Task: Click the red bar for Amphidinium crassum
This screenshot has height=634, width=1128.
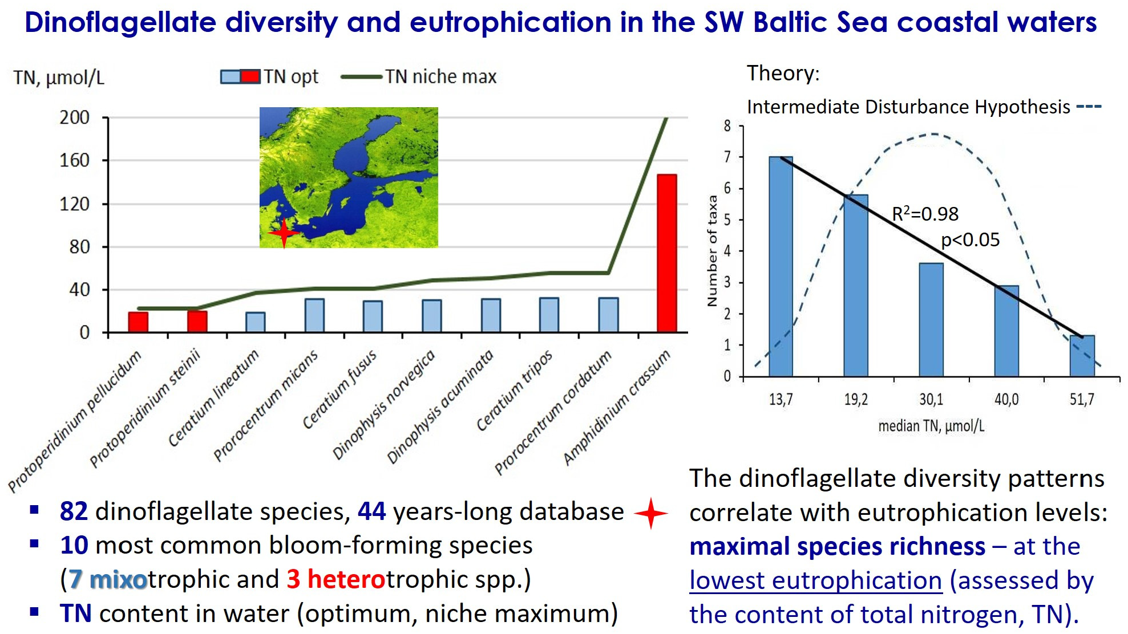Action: click(666, 253)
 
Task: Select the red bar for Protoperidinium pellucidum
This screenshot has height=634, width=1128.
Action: click(138, 322)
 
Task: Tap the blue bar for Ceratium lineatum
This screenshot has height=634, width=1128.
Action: click(256, 322)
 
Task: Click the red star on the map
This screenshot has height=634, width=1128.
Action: click(284, 233)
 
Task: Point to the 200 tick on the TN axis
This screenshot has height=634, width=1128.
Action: click(75, 117)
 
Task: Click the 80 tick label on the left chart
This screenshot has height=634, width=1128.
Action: click(79, 247)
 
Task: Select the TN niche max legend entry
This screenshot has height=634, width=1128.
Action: click(419, 76)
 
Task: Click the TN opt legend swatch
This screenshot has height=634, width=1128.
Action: click(240, 76)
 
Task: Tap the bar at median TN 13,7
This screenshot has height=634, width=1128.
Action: click(781, 266)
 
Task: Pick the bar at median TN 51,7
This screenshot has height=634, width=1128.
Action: click(1082, 356)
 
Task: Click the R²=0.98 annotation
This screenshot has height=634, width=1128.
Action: click(925, 214)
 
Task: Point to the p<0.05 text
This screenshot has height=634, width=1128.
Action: click(970, 240)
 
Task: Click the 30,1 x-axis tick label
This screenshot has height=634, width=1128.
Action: click(931, 399)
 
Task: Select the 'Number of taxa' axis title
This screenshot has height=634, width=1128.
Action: click(712, 251)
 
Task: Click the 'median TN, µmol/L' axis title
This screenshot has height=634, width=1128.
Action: click(931, 426)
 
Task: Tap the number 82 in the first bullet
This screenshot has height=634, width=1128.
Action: click(74, 511)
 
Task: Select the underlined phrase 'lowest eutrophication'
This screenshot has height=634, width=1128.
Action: click(816, 581)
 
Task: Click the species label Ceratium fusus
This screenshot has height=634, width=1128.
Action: click(339, 389)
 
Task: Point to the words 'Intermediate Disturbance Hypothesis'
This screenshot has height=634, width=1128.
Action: click(908, 107)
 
